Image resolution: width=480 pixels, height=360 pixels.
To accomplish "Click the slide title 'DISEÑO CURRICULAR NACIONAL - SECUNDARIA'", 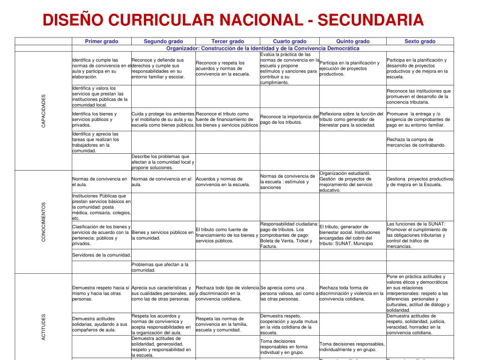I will click(233, 20).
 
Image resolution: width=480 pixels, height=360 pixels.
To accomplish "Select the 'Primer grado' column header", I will click(101, 41).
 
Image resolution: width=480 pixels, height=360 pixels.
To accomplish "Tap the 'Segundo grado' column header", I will click(163, 41).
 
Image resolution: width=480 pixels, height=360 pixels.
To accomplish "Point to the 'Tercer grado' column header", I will click(227, 41).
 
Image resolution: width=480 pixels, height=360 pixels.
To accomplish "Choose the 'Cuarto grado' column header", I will click(290, 41).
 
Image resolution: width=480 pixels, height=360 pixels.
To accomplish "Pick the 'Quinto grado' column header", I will click(353, 41).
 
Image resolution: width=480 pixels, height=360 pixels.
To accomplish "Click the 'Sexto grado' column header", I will click(420, 41).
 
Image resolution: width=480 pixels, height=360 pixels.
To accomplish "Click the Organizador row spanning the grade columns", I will click(262, 48).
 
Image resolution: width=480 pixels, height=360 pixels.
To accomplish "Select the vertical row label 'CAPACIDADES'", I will click(44, 111).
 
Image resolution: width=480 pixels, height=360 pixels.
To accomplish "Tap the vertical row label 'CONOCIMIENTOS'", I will click(44, 222).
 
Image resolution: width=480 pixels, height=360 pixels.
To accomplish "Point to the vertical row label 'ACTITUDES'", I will click(44, 327).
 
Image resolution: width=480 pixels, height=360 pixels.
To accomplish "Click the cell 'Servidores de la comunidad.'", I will click(101, 255).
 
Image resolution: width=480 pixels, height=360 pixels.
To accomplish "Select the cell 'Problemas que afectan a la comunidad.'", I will click(163, 267).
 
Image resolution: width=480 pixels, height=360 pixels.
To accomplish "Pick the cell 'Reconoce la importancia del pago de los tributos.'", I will click(289, 120).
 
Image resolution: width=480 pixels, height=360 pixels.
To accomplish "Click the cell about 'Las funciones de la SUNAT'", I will click(420, 235).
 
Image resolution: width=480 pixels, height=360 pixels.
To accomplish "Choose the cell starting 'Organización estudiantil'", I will click(352, 181).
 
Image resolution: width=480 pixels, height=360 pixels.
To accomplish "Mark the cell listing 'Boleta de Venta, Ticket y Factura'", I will click(289, 235).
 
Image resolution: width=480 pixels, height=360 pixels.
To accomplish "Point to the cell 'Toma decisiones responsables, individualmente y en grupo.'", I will click(352, 346).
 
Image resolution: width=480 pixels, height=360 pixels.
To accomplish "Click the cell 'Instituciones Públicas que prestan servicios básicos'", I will click(101, 207).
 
